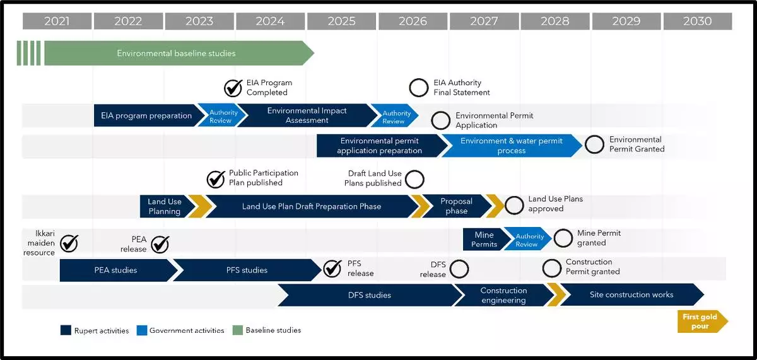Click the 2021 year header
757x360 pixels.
tap(57, 21)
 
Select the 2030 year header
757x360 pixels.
tap(697, 21)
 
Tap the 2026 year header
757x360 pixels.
tap(413, 21)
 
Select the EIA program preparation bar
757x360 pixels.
tap(146, 116)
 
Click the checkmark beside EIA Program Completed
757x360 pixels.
tap(233, 88)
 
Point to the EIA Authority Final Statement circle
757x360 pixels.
tap(419, 88)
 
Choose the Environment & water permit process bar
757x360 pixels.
tap(511, 146)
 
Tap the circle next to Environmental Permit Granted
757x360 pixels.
tap(594, 144)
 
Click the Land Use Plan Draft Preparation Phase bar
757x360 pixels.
tap(311, 206)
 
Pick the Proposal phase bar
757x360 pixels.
tap(456, 206)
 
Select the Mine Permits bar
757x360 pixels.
tap(484, 240)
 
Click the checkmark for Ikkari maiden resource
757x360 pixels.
tap(69, 243)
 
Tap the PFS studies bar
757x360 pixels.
tap(247, 270)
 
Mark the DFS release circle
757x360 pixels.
tap(459, 269)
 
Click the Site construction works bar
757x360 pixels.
tap(631, 294)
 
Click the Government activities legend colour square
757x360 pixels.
tap(142, 330)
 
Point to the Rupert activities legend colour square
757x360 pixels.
tap(66, 330)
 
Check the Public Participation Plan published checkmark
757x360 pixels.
tap(216, 179)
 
